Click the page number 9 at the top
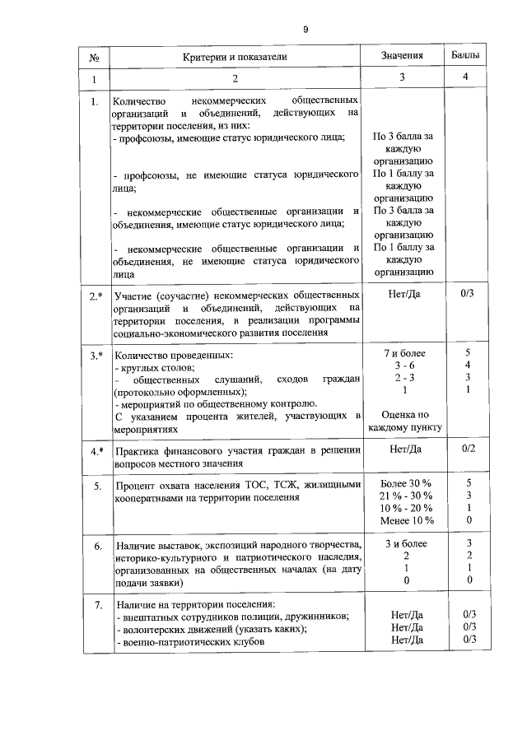click(305, 29)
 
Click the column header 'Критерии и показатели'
click(235, 56)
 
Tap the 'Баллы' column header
click(467, 56)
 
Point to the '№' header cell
click(95, 57)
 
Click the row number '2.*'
click(96, 294)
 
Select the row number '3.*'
click(96, 355)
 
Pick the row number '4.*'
click(96, 449)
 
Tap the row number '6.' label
click(96, 545)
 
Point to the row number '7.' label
click(96, 605)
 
